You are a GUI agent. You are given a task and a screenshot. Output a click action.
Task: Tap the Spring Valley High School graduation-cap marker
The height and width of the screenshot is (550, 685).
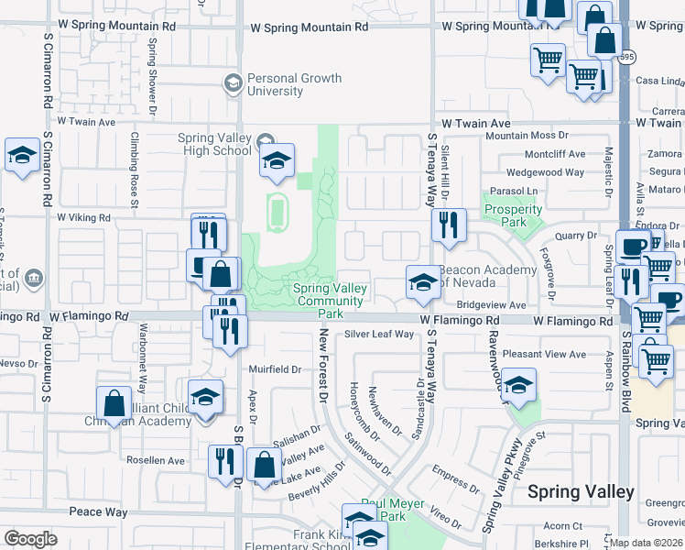point(276,161)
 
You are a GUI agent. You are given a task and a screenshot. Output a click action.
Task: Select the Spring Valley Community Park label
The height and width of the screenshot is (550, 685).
point(331,301)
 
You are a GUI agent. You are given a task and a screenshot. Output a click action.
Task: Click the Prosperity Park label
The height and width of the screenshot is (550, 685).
point(513,215)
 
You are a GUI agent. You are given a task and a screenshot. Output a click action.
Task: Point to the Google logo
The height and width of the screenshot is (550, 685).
point(30,539)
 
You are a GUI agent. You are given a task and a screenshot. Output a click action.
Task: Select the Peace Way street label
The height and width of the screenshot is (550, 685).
point(99,511)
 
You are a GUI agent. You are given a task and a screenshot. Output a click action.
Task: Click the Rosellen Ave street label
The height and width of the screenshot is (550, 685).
point(155,460)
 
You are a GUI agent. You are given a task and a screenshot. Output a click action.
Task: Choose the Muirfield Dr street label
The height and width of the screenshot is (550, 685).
point(275,369)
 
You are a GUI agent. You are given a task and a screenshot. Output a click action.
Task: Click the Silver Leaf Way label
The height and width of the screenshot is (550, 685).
point(379,335)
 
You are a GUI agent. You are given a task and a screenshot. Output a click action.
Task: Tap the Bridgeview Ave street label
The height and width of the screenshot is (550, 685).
point(491,304)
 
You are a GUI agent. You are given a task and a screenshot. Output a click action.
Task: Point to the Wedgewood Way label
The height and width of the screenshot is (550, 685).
point(545,172)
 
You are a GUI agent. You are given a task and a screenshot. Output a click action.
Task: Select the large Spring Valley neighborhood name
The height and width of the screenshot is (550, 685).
point(581,492)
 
